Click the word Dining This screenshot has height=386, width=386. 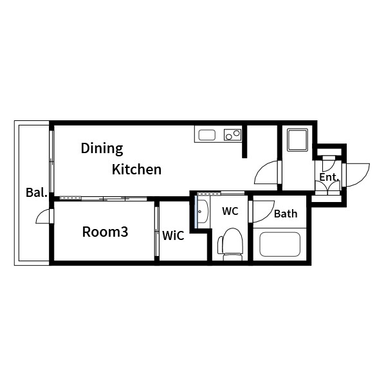pos(102,149)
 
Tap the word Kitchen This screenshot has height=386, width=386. pos(136,169)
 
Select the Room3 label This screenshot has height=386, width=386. pos(105,232)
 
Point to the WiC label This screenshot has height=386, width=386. pos(173,235)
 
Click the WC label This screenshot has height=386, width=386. pos(230,211)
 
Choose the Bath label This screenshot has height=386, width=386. pos(286,214)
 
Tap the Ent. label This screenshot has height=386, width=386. pos(329,178)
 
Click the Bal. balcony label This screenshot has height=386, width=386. pos(37,192)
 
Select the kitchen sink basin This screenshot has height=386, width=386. pos(207,135)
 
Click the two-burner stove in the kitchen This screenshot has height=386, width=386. pos(232,134)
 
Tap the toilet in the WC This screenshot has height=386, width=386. pos(230,244)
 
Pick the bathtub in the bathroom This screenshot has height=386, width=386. pos(280,244)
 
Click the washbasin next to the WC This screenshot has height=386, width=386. pos(203,212)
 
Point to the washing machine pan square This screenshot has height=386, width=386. pos(298,140)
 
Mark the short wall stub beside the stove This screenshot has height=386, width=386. pos(244,142)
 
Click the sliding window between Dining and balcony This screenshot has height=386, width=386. pos(51,161)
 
